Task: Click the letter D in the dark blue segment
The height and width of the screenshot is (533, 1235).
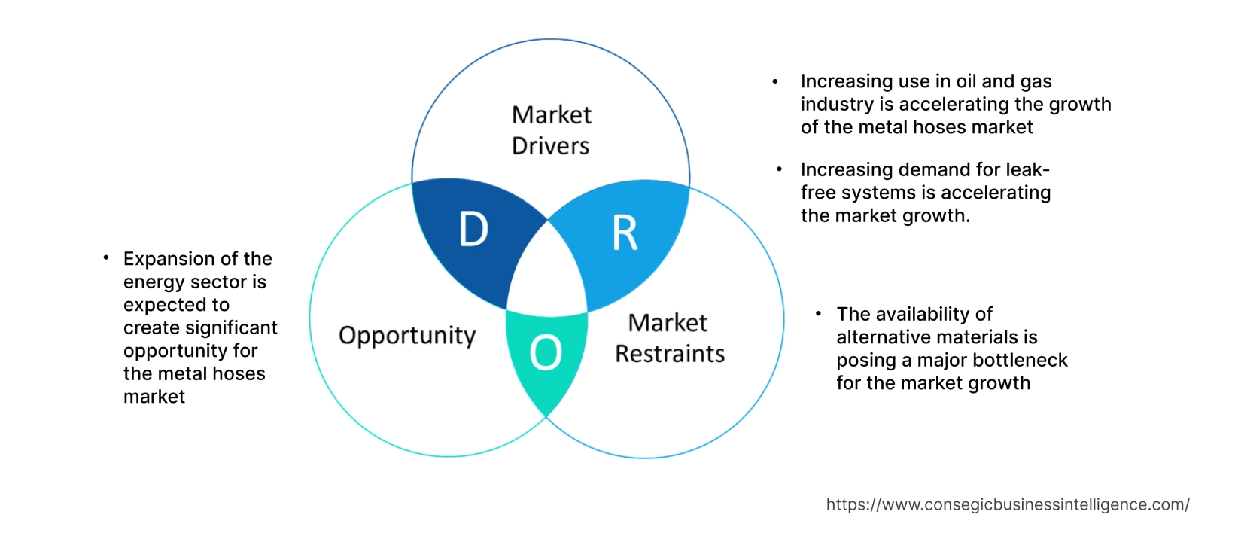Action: pyautogui.click(x=473, y=230)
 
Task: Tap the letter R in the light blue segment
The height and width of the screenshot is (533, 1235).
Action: pyautogui.click(x=625, y=233)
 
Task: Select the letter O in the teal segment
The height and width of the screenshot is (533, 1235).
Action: pyautogui.click(x=546, y=352)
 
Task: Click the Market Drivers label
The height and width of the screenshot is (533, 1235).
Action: pyautogui.click(x=551, y=130)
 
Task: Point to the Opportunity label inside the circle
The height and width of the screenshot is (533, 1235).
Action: pyautogui.click(x=407, y=336)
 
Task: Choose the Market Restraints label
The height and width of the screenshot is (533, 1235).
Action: pyautogui.click(x=669, y=339)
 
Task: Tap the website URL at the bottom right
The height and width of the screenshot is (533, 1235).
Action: pyautogui.click(x=1007, y=504)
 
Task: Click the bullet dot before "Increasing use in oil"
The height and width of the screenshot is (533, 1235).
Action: pyautogui.click(x=775, y=81)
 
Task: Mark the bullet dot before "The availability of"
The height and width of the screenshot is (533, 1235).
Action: pyautogui.click(x=817, y=313)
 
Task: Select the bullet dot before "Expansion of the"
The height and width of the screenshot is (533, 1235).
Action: pyautogui.click(x=106, y=258)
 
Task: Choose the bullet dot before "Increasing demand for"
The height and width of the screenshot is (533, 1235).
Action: pyautogui.click(x=779, y=170)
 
